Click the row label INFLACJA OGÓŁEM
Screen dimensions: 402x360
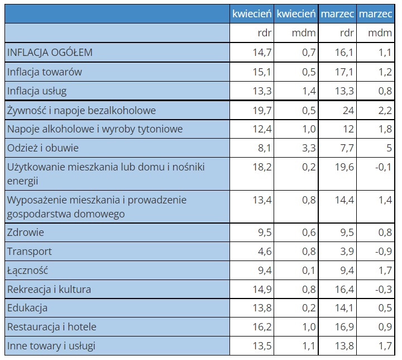[x=50, y=53]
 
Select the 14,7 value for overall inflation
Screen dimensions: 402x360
[x=262, y=53]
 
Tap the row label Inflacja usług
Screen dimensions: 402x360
[x=37, y=91]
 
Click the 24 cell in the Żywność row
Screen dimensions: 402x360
[x=348, y=111]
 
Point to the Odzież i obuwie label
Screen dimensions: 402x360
[x=43, y=148]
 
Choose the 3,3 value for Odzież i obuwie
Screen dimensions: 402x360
[x=309, y=148]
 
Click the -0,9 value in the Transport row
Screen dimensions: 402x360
[x=384, y=252]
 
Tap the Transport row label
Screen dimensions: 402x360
[x=30, y=252]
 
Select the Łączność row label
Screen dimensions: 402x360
[x=27, y=271]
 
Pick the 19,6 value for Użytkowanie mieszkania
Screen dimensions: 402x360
[x=344, y=167]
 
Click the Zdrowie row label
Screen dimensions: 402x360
[x=26, y=233]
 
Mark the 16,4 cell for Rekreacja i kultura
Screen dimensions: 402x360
[x=344, y=290]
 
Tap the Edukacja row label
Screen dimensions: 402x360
[x=27, y=308]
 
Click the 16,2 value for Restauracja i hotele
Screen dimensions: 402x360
[x=262, y=327]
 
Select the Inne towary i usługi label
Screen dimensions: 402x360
[x=51, y=346]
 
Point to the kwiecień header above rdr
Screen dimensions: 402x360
[x=252, y=13]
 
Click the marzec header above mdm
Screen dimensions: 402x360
[x=375, y=13]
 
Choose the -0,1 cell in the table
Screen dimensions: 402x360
[x=384, y=167]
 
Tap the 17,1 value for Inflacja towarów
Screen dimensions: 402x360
[x=344, y=72]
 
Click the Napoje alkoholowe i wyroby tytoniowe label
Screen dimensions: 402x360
[x=95, y=129]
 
